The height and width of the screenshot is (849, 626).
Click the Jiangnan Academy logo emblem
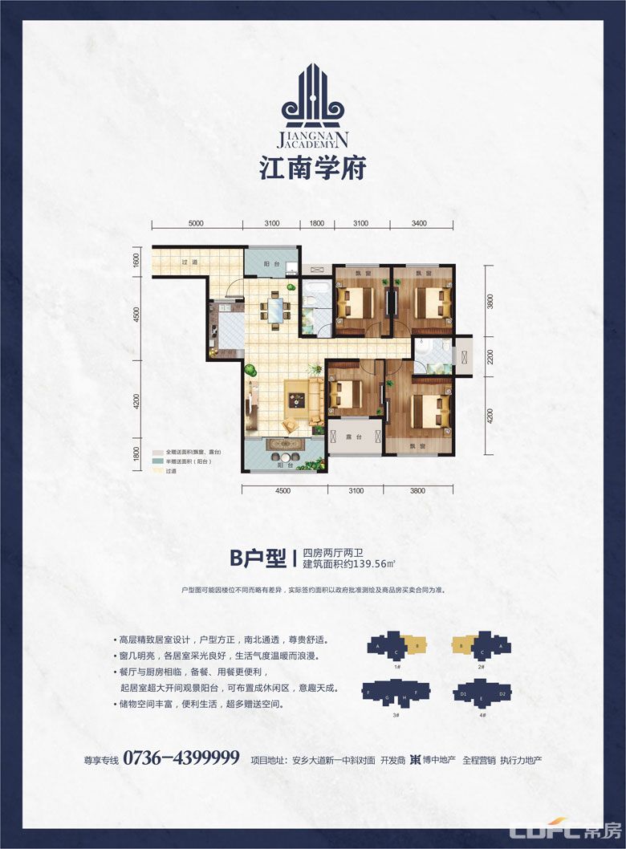pos(313,100)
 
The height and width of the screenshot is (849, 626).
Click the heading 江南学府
pos(313,167)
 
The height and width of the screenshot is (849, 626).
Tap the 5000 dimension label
pos(198,223)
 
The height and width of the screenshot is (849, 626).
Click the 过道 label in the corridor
pos(189,262)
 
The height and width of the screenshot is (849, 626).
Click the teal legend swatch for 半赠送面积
pos(158,463)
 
